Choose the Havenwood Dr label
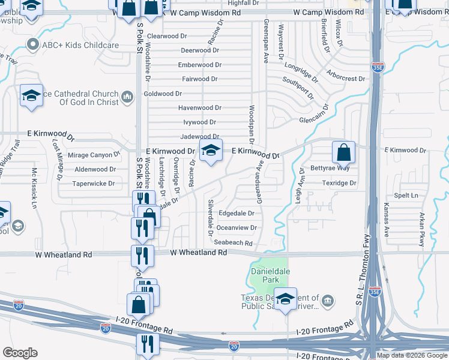200,108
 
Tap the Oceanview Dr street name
237,228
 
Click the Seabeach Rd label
233,242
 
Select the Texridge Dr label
339,183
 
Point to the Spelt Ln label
406,196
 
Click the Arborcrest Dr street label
345,79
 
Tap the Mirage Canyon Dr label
94,155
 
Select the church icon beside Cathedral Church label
127,97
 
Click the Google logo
20,353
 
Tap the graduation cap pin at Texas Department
285,299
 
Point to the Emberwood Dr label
200,65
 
